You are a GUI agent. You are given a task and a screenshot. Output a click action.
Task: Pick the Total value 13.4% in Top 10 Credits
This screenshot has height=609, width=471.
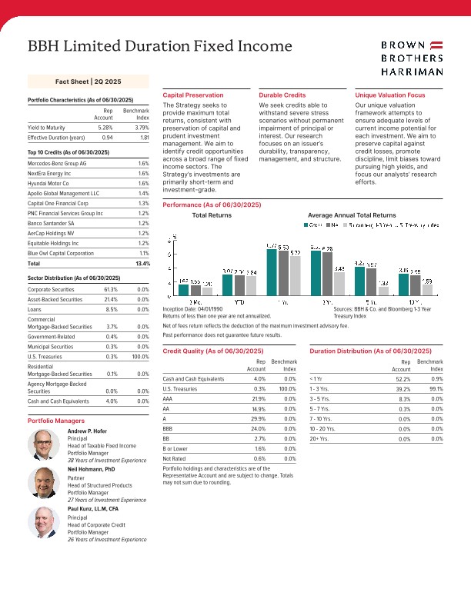click(141, 263)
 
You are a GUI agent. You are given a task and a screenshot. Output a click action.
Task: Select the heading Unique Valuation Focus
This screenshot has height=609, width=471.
click(389, 95)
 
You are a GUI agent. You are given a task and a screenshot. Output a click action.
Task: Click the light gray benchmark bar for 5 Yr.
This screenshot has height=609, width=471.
click(383, 291)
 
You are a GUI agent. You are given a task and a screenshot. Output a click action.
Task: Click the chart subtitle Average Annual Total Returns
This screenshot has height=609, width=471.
click(351, 215)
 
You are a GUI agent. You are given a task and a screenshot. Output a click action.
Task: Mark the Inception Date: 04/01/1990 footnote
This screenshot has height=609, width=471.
click(193, 309)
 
